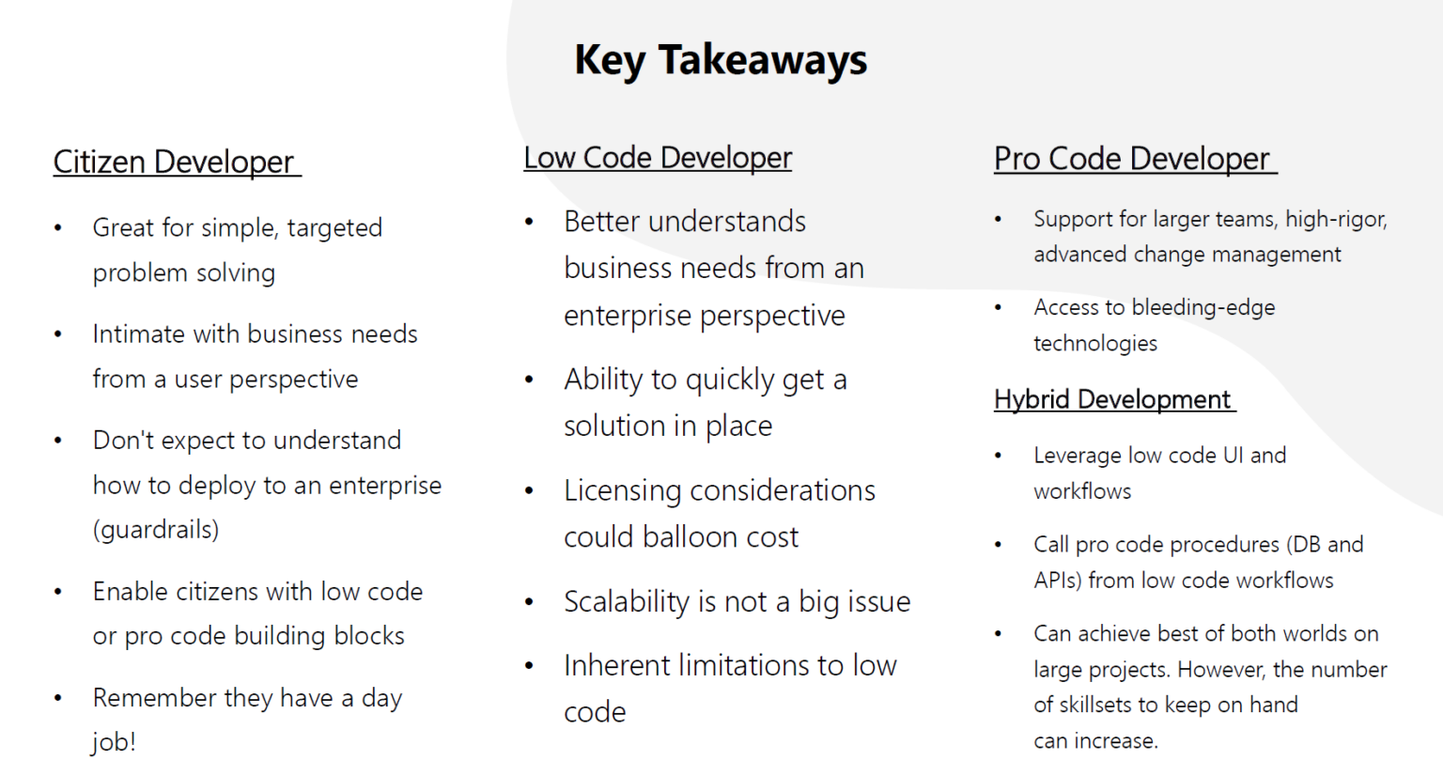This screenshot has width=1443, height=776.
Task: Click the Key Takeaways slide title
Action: [721, 60]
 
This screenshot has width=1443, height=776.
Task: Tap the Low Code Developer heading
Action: [658, 158]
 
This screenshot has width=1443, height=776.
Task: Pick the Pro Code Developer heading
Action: [1132, 159]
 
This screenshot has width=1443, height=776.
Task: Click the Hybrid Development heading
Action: [1112, 399]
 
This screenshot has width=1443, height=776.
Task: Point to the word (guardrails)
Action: [156, 529]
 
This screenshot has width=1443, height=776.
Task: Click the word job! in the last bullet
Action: [114, 742]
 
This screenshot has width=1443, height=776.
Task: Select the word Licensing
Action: [622, 490]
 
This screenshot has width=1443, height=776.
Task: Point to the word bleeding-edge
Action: [1203, 307]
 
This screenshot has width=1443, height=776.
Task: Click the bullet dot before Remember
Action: [58, 698]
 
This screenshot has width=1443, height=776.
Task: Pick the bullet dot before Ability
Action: [530, 380]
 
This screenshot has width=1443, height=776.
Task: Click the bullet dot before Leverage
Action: [998, 456]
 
